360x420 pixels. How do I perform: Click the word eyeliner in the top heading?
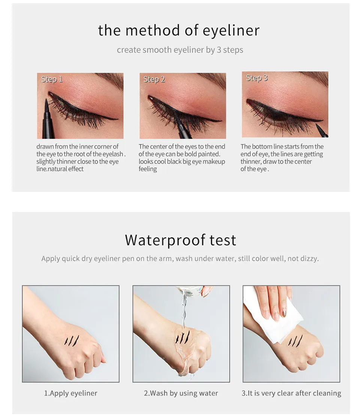(231, 30)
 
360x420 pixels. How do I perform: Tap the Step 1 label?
(52, 79)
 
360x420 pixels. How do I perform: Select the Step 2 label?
(154, 79)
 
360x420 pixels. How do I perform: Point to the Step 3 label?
(256, 78)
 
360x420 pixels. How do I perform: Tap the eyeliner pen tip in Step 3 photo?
(317, 125)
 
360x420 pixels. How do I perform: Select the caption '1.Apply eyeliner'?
(70, 393)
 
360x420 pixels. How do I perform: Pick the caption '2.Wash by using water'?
(181, 393)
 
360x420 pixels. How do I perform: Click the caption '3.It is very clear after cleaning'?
(291, 393)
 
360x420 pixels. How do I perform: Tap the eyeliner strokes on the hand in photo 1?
(72, 340)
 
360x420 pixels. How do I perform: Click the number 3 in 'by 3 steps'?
(219, 50)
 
